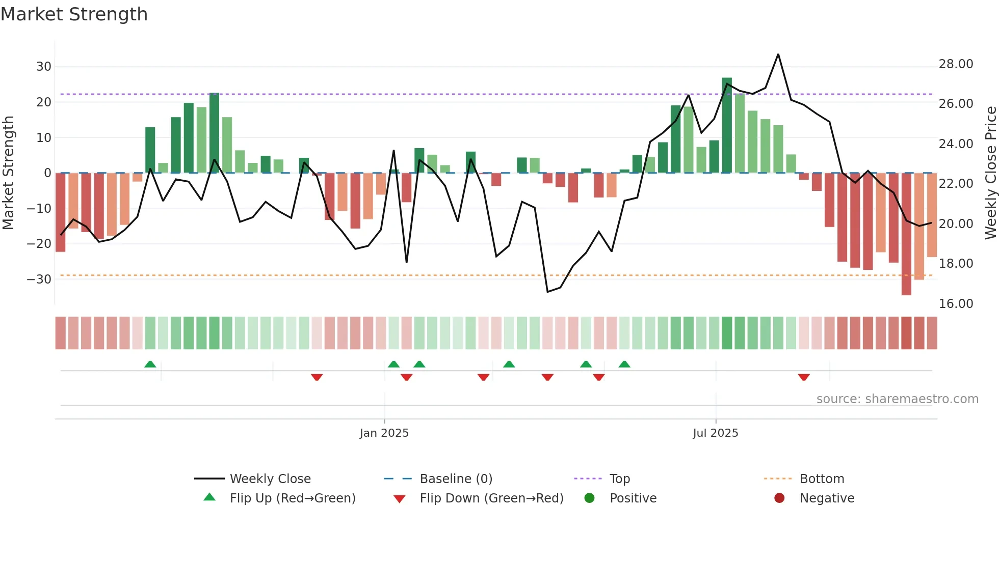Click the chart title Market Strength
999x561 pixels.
pyautogui.click(x=74, y=14)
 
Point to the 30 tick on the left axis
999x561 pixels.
pyautogui.click(x=44, y=67)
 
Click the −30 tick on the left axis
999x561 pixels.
pyautogui.click(x=39, y=279)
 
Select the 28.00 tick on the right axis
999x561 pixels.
pyautogui.click(x=956, y=64)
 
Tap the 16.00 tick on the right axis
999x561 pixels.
pyautogui.click(x=956, y=304)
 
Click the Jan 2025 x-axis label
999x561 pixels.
pyautogui.click(x=384, y=433)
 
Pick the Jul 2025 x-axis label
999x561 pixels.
pyautogui.click(x=715, y=433)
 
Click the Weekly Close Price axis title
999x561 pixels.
pyautogui.click(x=990, y=173)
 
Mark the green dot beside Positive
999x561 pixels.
pyautogui.click(x=589, y=498)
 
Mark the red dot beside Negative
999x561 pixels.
pyautogui.click(x=779, y=498)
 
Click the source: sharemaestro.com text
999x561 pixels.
pyautogui.click(x=897, y=399)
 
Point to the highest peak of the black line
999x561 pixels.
pyautogui.click(x=778, y=54)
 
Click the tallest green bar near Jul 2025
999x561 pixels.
pyautogui.click(x=727, y=125)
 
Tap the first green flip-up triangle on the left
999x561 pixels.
pyautogui.click(x=150, y=364)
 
